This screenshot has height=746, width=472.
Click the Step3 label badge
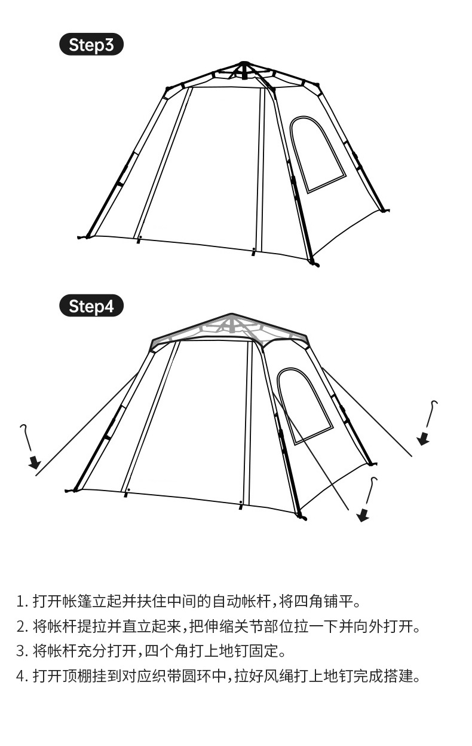click(x=91, y=44)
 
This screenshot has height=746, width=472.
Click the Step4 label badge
click(x=91, y=306)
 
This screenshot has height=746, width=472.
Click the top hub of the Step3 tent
click(x=244, y=64)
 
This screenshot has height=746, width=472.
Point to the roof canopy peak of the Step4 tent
click(x=231, y=315)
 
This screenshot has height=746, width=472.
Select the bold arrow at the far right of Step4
click(x=423, y=439)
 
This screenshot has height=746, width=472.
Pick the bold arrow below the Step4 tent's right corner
click(x=363, y=516)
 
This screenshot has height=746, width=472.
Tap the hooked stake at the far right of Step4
click(x=431, y=413)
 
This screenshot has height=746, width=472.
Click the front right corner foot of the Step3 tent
click(x=314, y=263)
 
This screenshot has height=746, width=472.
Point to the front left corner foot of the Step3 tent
click(x=83, y=237)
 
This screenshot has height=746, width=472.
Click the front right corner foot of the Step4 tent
click(x=302, y=517)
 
